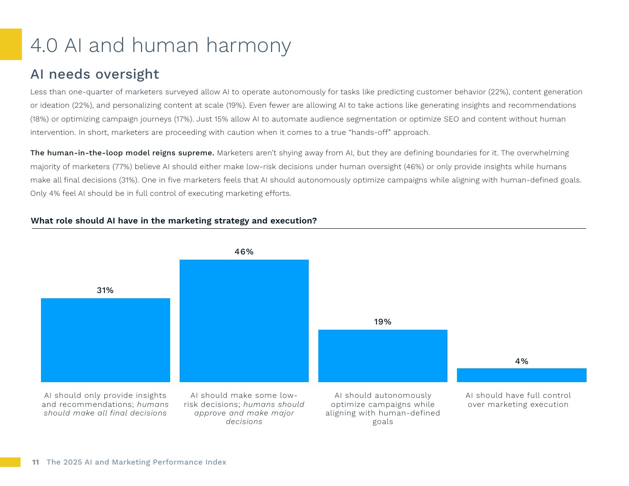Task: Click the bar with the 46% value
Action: click(244, 321)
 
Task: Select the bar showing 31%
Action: click(105, 340)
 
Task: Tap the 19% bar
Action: click(383, 355)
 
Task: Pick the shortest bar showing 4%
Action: click(521, 375)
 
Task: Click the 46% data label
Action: click(244, 252)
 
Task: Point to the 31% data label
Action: click(105, 290)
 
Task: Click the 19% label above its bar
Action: click(383, 322)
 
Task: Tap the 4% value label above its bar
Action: click(521, 361)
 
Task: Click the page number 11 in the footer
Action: click(36, 462)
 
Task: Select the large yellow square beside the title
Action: click(10, 44)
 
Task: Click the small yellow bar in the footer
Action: click(10, 462)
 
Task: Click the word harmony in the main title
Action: click(248, 45)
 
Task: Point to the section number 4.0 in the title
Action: click(44, 45)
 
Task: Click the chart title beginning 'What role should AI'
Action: click(174, 221)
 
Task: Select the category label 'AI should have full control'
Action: click(518, 400)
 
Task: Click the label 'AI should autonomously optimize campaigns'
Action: click(383, 408)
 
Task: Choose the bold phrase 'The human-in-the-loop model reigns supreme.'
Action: click(122, 153)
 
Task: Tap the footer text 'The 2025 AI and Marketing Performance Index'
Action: click(136, 462)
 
